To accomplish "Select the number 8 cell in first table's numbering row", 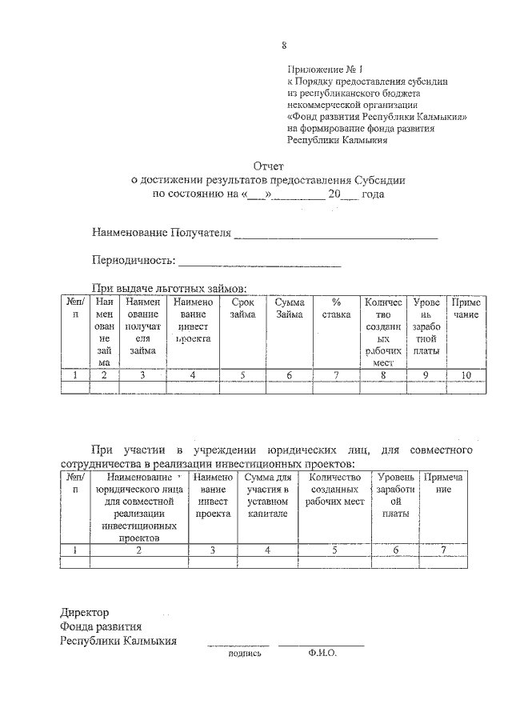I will pyautogui.click(x=383, y=374).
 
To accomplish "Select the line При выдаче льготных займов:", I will pyautogui.click(x=167, y=289).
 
